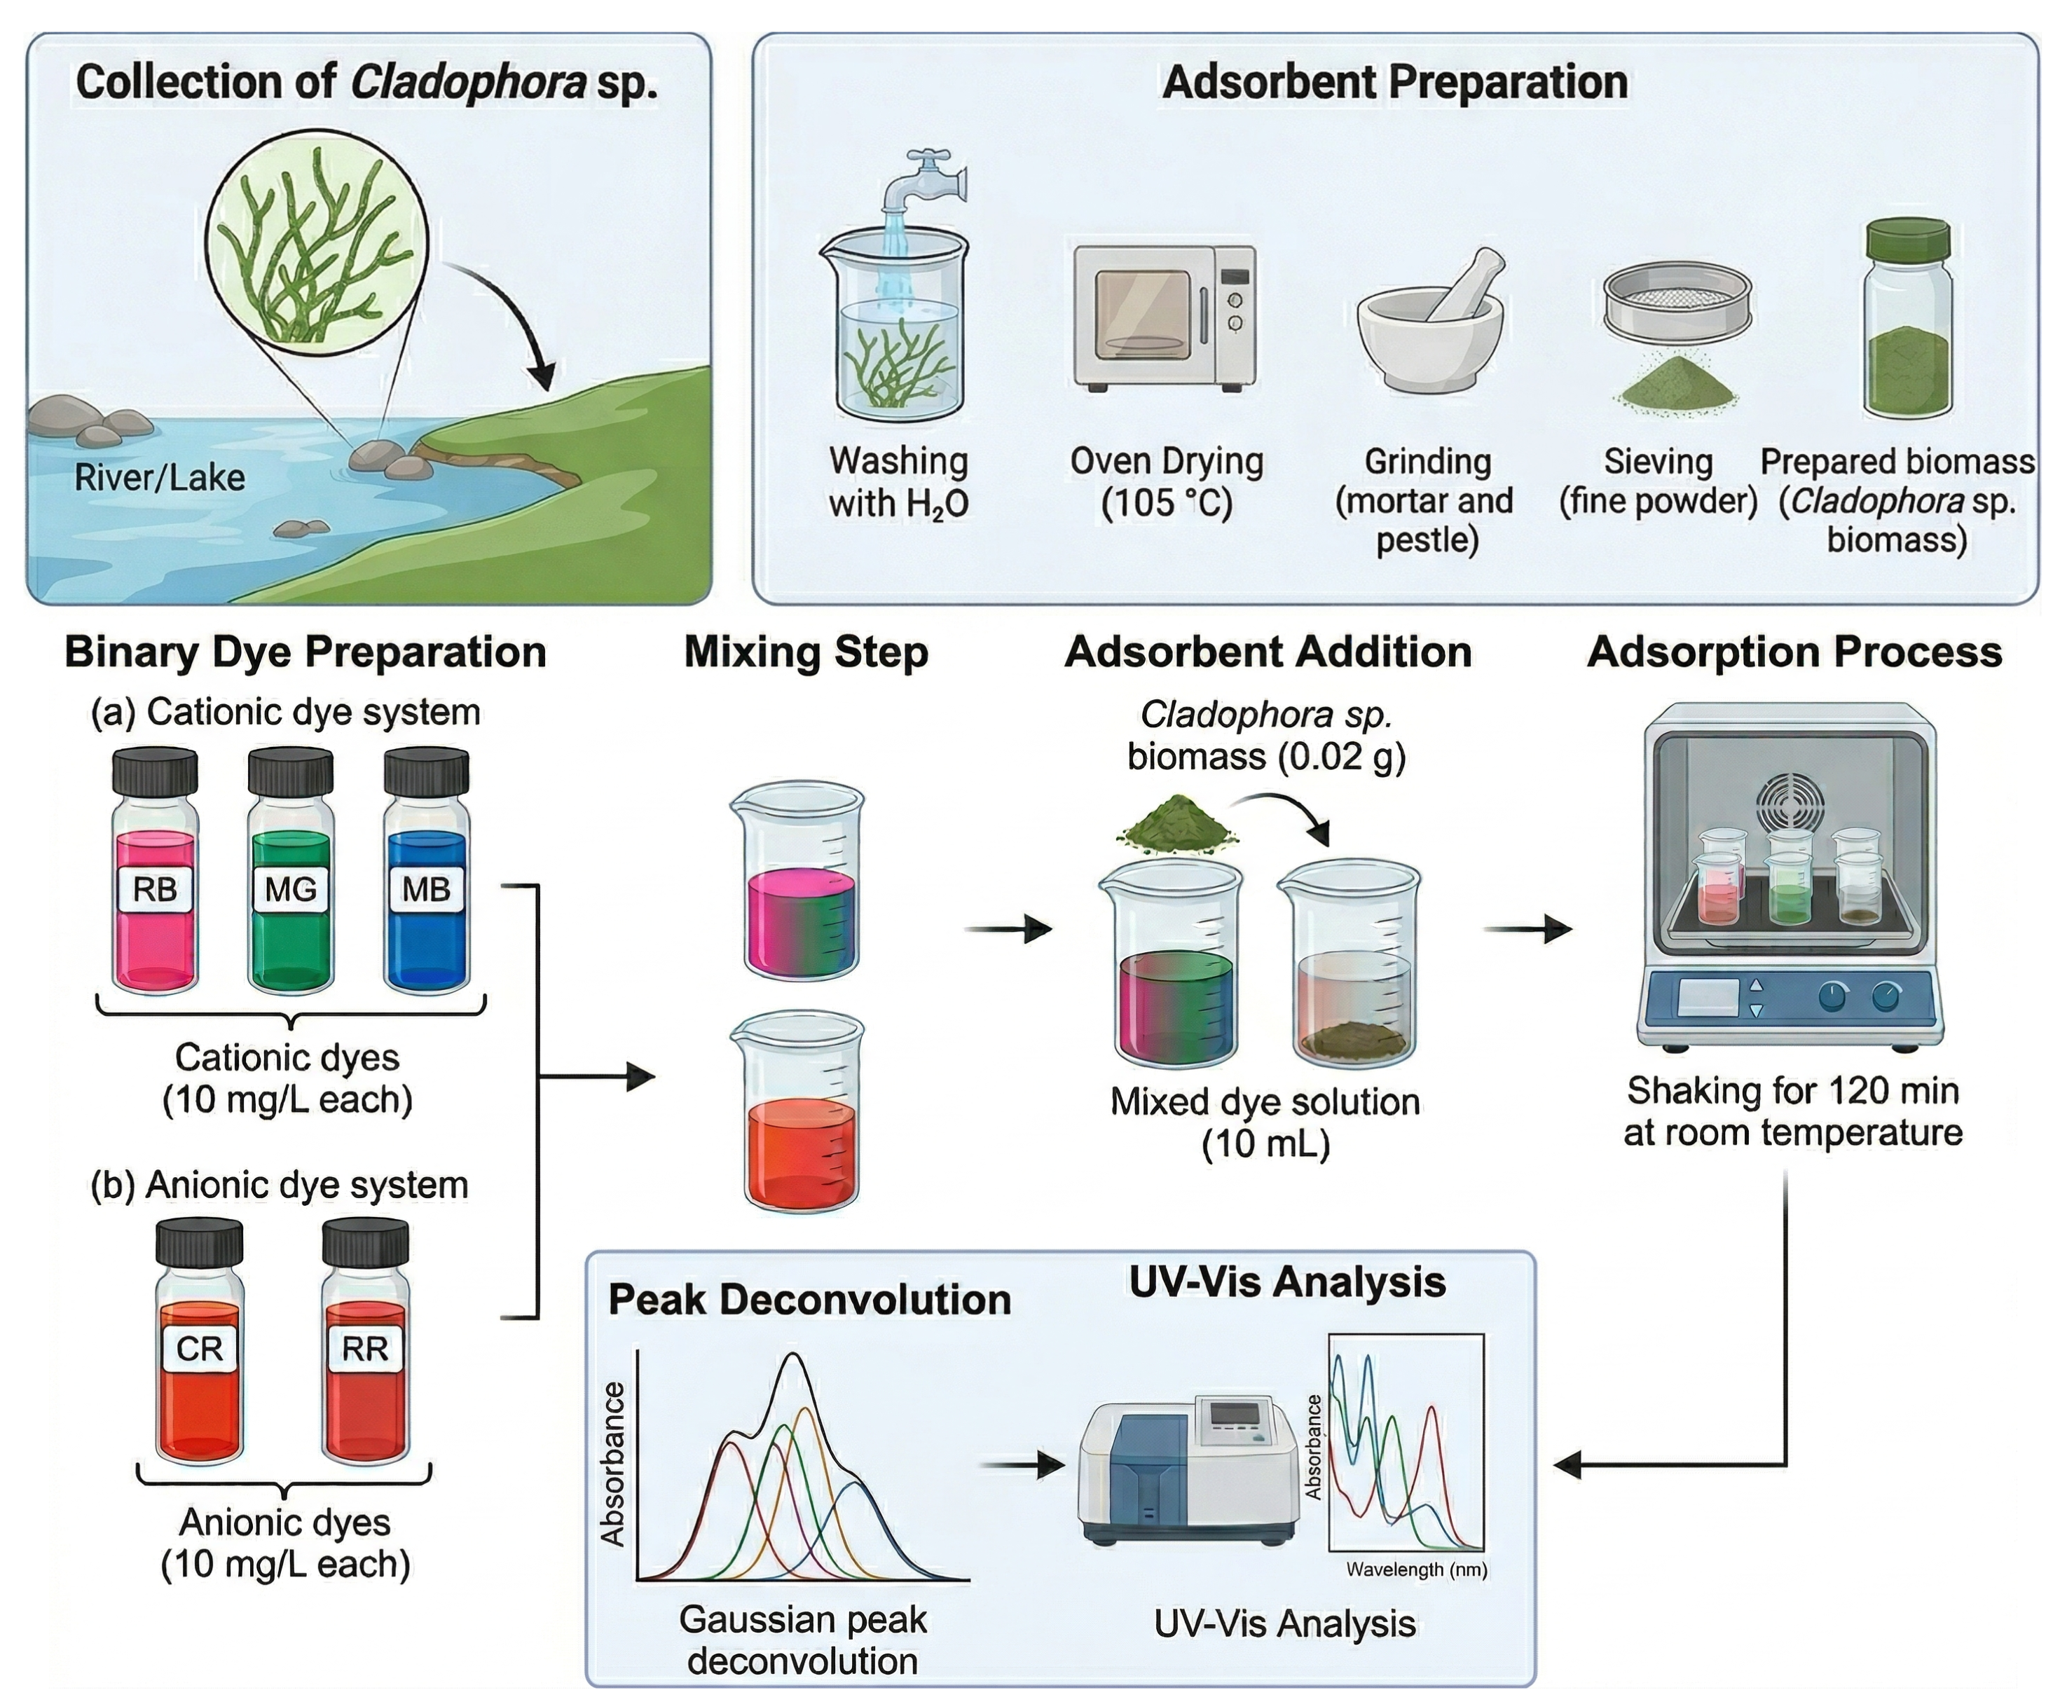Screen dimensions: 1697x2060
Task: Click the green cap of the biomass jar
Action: [x=1907, y=240]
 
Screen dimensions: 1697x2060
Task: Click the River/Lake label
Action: [x=159, y=478]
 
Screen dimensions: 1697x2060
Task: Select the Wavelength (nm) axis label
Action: [x=1415, y=1569]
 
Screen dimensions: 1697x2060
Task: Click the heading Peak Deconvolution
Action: [x=809, y=1299]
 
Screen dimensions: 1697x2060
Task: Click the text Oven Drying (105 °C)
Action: [x=1167, y=481]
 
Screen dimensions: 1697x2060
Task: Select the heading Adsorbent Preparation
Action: [x=1394, y=82]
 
